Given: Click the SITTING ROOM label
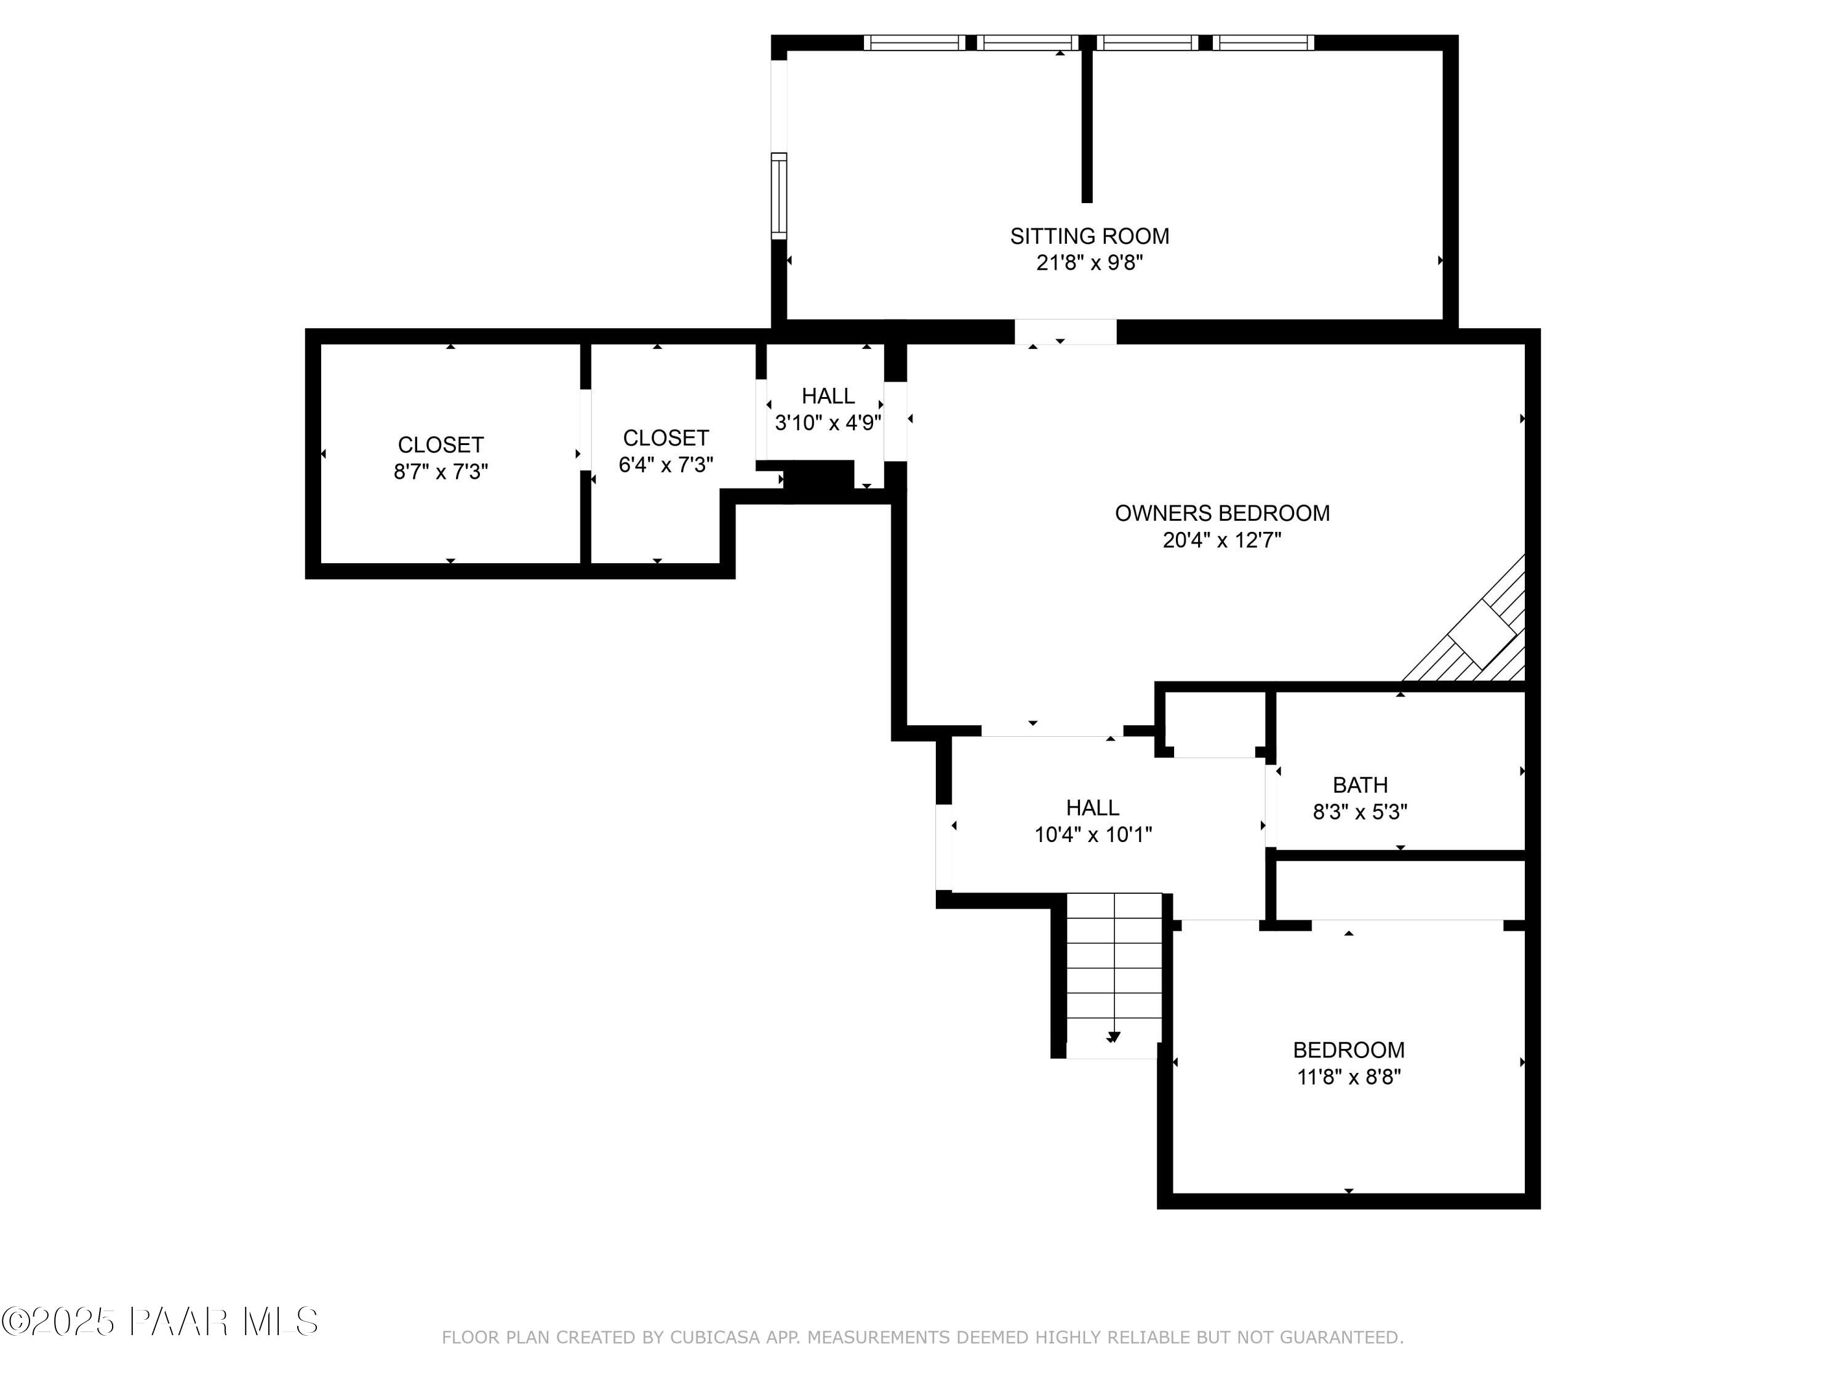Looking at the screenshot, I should (x=1089, y=236).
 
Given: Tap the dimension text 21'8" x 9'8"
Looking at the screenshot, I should (x=1089, y=263).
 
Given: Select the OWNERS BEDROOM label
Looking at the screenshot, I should (x=1222, y=513).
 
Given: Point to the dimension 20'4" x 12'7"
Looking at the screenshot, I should (x=1222, y=540).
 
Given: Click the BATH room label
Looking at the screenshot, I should (x=1359, y=785).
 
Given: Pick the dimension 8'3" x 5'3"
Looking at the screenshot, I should (x=1359, y=811).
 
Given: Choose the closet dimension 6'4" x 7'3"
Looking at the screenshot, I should (x=665, y=465).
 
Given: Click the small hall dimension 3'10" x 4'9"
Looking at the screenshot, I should (x=828, y=422).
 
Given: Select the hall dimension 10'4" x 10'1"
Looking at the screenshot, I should (x=1092, y=834).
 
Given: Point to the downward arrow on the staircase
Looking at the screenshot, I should (x=1113, y=1037).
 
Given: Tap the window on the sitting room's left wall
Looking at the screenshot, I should (x=778, y=196).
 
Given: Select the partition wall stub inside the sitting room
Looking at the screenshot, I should (x=1087, y=125).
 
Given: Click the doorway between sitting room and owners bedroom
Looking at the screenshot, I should (x=1065, y=331).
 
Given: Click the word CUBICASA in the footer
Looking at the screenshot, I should (x=715, y=1338).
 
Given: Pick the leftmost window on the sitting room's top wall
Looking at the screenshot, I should (x=913, y=42).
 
